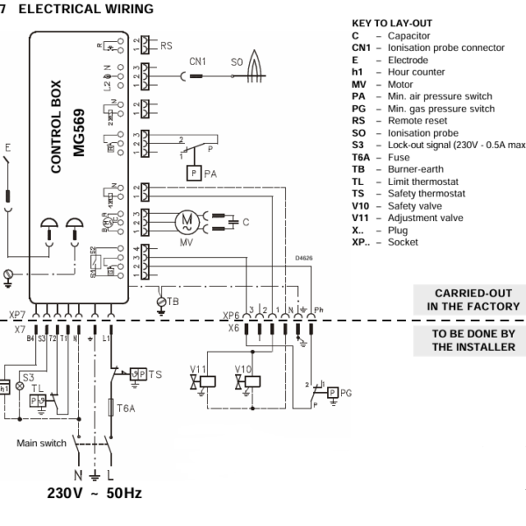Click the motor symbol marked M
186,221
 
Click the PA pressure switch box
191,174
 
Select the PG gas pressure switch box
334,392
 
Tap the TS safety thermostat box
136,374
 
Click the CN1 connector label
199,62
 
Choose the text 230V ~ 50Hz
94,493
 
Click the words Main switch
41,444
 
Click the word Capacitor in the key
411,36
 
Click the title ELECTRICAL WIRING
85,8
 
